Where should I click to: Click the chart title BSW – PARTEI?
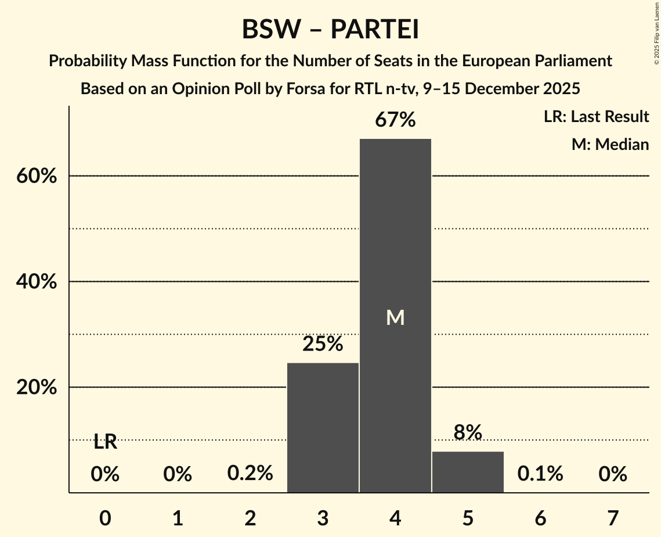tap(330, 29)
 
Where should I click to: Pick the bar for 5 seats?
tap(468, 471)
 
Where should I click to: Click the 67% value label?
tap(395, 120)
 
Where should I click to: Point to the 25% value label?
tap(323, 344)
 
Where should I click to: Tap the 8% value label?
tap(468, 432)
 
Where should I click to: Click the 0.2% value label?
tap(250, 474)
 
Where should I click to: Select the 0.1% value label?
tap(540, 474)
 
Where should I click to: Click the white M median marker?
tap(395, 317)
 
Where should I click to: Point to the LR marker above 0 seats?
tap(105, 442)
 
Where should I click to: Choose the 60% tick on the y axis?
tap(36, 176)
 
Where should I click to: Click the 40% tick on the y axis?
tap(36, 282)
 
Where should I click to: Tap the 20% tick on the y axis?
tap(36, 388)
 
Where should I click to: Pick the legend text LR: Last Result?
tap(596, 117)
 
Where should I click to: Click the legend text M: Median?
tap(610, 144)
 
